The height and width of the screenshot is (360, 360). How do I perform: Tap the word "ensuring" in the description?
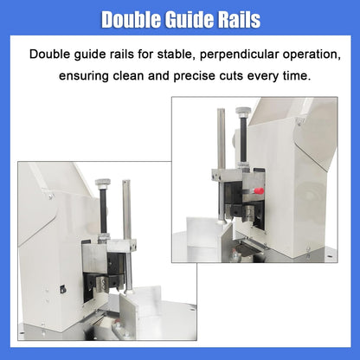[87, 75]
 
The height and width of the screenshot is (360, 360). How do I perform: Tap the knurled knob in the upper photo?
[243, 112]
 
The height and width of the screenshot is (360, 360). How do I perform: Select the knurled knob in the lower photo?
[103, 182]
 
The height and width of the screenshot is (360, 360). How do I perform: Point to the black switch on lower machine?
[62, 289]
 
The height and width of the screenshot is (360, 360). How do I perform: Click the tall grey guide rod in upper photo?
[221, 138]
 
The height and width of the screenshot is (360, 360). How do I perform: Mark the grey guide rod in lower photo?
[128, 216]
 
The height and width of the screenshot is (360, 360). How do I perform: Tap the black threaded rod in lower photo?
[103, 212]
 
